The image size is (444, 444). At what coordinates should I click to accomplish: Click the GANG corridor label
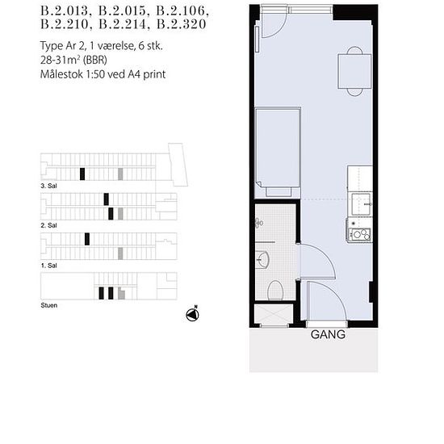[328, 335]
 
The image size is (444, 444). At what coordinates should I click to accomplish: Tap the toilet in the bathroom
[275, 291]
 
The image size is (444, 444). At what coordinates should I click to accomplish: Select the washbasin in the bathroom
[262, 259]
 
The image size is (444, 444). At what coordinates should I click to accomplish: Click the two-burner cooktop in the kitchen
[360, 234]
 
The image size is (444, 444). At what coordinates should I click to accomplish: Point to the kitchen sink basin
[361, 204]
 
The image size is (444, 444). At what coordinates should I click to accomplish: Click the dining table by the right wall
[354, 71]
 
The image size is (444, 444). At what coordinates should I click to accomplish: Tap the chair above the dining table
[354, 50]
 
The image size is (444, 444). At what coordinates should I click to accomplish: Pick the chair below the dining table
[354, 92]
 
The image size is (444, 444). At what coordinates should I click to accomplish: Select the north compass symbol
[193, 314]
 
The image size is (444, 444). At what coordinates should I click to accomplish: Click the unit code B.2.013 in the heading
[65, 10]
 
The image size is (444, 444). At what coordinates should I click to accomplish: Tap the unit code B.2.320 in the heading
[181, 24]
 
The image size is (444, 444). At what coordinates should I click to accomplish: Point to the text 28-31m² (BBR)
[73, 60]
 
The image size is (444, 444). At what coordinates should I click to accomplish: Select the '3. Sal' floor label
[48, 186]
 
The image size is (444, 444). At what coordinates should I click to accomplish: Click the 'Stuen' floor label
[49, 305]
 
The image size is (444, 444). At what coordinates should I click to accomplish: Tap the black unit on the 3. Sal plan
[82, 174]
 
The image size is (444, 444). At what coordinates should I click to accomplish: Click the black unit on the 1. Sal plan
[87, 239]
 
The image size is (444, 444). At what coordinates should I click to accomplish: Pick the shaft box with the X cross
[274, 314]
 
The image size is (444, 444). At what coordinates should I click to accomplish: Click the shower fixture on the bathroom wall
[259, 223]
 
